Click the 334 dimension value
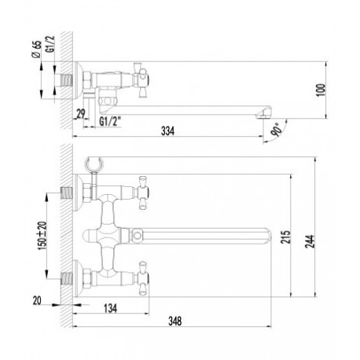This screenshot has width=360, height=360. (167, 130)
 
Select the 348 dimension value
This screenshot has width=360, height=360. (174, 321)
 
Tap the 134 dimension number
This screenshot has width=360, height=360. (110, 308)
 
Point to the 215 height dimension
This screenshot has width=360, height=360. (285, 237)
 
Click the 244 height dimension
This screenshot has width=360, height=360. (310, 241)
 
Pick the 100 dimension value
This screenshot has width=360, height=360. (321, 90)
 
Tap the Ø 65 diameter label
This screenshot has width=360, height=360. (38, 50)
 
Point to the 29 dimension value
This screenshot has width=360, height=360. (81, 114)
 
